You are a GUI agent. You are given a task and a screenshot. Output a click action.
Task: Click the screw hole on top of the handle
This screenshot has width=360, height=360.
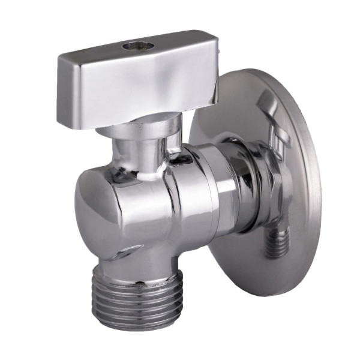[131, 45]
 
